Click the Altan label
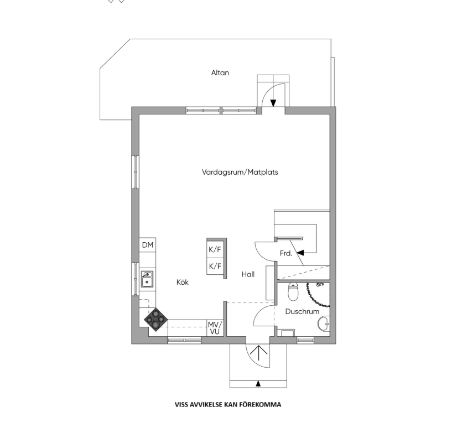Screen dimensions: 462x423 coord(220,72)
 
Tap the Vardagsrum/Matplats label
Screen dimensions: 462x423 coord(240,172)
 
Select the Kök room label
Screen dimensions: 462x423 coord(183,282)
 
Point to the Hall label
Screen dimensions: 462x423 coord(248,274)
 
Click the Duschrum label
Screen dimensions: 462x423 coord(302,311)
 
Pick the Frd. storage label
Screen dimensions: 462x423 coord(286,253)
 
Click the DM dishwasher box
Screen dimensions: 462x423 coord(148,245)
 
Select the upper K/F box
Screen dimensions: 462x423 coord(215,249)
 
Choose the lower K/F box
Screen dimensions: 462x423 coord(215,266)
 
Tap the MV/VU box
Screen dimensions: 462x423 coord(215,328)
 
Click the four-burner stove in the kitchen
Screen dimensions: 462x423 coord(155,320)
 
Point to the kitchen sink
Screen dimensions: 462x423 coord(147,279)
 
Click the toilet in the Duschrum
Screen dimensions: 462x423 coord(293,291)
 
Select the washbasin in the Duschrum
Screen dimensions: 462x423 coord(324,324)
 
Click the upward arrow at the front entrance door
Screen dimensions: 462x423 coord(259,353)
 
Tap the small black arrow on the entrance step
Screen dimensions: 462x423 coord(258,384)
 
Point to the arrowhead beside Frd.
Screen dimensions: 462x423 coord(300,253)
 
